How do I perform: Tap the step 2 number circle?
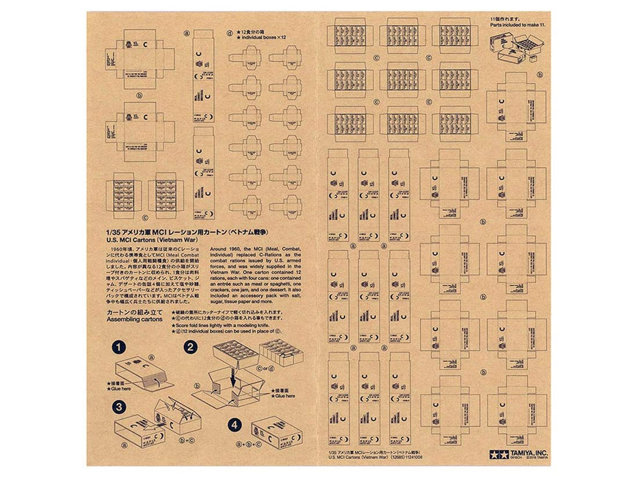[x=191, y=347]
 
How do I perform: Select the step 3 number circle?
[x=120, y=407]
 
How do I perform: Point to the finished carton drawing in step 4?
[x=274, y=430]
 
